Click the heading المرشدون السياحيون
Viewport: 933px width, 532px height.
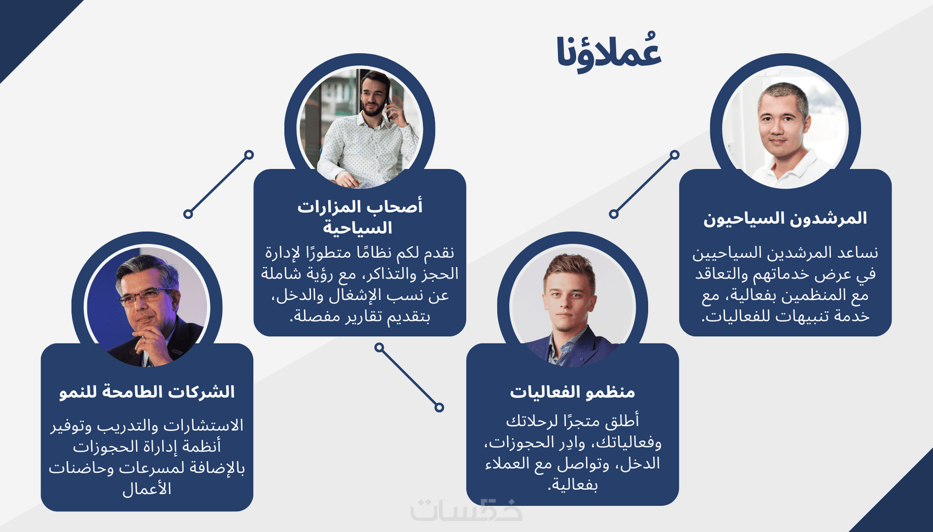[785, 218]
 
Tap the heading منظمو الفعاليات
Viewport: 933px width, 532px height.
[572, 392]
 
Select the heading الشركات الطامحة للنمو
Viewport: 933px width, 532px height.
[147, 392]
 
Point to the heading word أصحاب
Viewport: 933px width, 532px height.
[396, 206]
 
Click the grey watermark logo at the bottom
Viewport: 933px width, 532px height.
[466, 510]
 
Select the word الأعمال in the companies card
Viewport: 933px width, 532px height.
[147, 489]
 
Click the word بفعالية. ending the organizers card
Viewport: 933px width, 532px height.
[572, 484]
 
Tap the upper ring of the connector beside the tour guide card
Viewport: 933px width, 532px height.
[675, 155]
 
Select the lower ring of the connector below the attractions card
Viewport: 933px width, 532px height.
[439, 407]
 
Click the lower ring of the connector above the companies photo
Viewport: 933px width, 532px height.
[188, 214]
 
